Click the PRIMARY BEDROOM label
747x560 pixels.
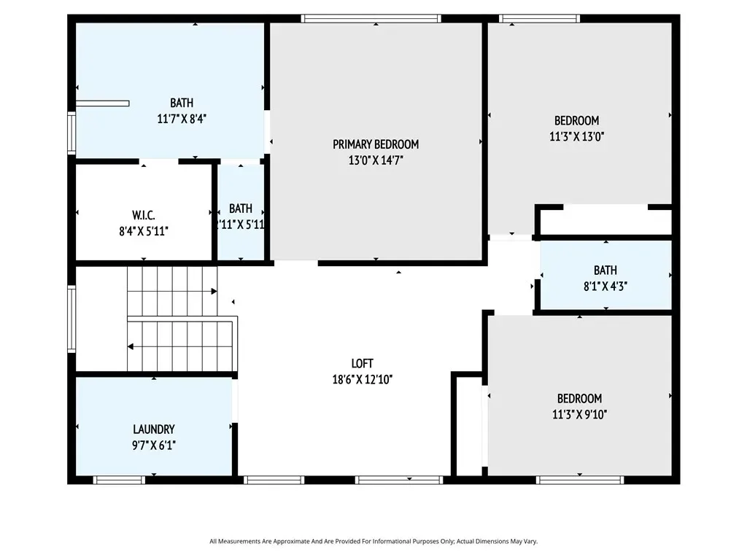pyautogui.click(x=376, y=144)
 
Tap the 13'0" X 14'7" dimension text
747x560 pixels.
pyautogui.click(x=376, y=160)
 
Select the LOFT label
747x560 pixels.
pyautogui.click(x=362, y=364)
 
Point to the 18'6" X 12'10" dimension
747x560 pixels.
pyautogui.click(x=362, y=379)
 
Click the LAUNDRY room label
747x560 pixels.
pyautogui.click(x=154, y=429)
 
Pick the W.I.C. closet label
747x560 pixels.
pyautogui.click(x=144, y=215)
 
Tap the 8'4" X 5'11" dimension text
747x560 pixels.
pyautogui.click(x=144, y=231)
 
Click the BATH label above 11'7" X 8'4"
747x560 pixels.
pyautogui.click(x=182, y=103)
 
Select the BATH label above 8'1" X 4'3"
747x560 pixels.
pyautogui.click(x=605, y=271)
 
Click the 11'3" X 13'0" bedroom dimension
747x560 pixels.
pyautogui.click(x=577, y=136)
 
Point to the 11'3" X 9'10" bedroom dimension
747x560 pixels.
pyautogui.click(x=580, y=414)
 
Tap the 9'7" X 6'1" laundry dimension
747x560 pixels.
pyautogui.click(x=154, y=446)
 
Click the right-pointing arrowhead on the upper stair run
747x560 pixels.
pyautogui.click(x=214, y=291)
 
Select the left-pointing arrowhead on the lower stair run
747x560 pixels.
pyautogui.click(x=131, y=346)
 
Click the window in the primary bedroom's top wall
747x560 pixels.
pyautogui.click(x=371, y=18)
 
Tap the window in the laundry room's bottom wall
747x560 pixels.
pyautogui.click(x=119, y=480)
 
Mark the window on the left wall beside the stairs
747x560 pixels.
pyautogui.click(x=71, y=319)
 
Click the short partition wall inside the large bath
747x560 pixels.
pyautogui.click(x=102, y=104)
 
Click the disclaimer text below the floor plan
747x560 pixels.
pyautogui.click(x=373, y=541)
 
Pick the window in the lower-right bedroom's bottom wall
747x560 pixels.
pyautogui.click(x=580, y=480)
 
